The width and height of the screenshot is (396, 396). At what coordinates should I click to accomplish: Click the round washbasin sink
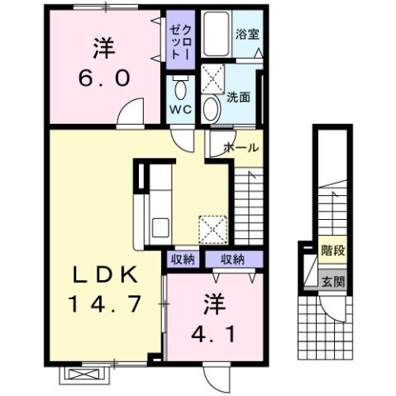click(x=212, y=107)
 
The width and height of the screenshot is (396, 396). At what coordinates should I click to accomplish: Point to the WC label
click(x=181, y=109)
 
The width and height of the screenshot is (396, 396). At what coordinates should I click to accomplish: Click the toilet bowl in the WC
click(x=181, y=88)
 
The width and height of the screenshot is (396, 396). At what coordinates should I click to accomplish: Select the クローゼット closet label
click(x=180, y=37)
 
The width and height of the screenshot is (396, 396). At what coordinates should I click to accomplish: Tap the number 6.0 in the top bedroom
click(x=105, y=79)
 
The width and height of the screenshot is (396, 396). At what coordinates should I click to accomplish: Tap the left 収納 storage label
click(x=183, y=259)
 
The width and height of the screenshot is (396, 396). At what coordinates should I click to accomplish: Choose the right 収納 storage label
click(x=231, y=259)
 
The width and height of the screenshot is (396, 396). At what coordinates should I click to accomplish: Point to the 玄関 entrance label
click(x=332, y=280)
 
